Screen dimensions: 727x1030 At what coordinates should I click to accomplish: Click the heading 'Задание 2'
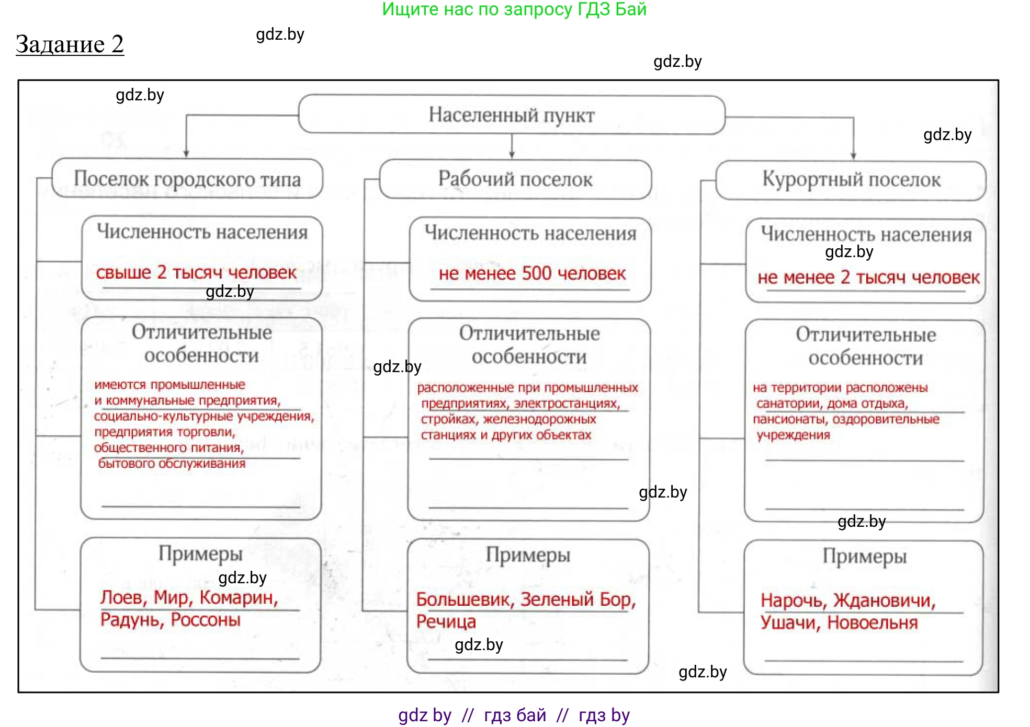coord(70,44)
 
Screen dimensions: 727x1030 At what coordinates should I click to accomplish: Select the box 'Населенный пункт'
coord(511,115)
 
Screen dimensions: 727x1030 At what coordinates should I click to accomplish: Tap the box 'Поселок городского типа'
coord(187,179)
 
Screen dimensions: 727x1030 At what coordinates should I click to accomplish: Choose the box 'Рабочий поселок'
coord(515,179)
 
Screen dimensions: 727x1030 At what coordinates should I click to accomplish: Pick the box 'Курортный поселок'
coord(851,180)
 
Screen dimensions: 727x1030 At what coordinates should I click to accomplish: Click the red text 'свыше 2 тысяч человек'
coord(196,272)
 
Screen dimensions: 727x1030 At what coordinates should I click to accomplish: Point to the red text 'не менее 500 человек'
coord(532,273)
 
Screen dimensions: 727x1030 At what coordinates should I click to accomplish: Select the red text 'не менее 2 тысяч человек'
coord(868,278)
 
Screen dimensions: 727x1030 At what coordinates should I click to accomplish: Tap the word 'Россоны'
coord(206,620)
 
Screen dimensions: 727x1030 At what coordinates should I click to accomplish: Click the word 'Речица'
coord(446,622)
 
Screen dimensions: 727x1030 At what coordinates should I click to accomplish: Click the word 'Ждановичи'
coord(884,601)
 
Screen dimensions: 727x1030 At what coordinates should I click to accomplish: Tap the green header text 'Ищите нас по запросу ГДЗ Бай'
coord(514,9)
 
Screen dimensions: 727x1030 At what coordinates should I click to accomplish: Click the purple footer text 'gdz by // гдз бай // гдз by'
coord(514,715)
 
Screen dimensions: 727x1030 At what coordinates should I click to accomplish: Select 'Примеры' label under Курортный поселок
coord(864,557)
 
